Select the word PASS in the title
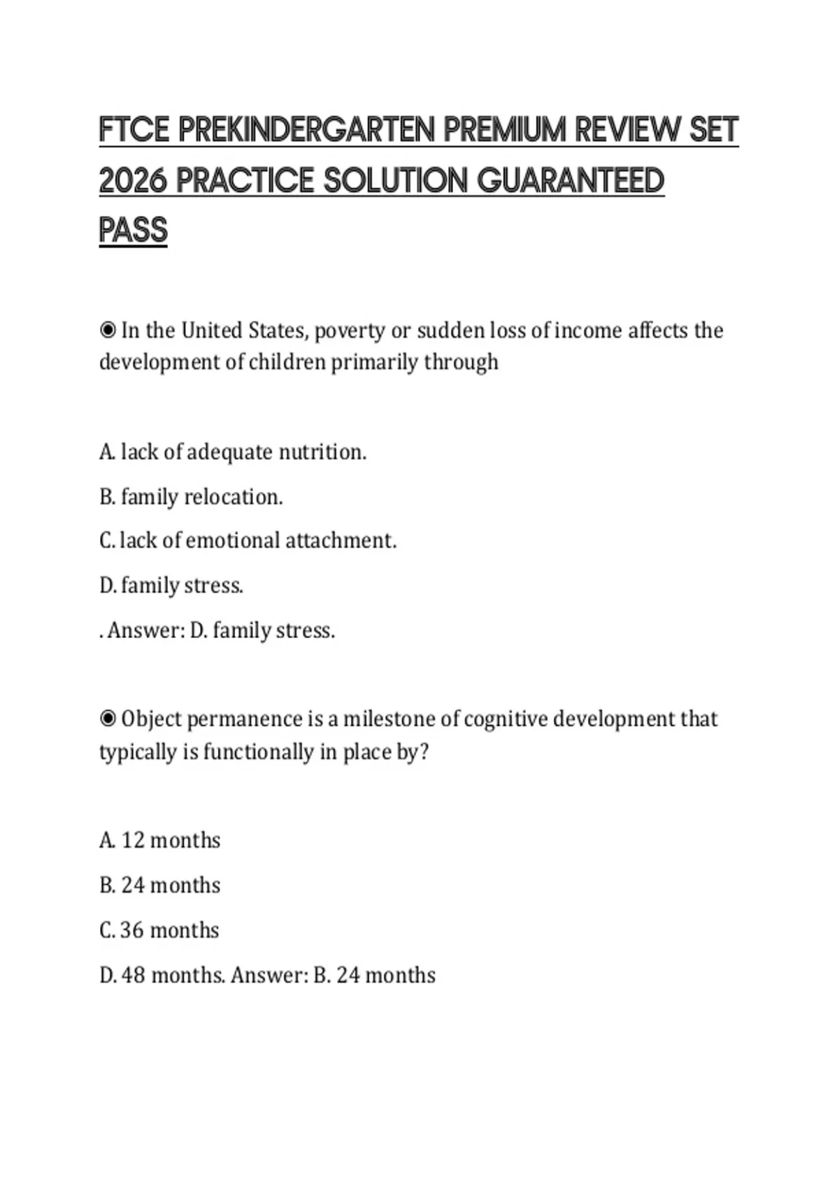pyautogui.click(x=134, y=231)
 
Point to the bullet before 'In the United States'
pyautogui.click(x=108, y=330)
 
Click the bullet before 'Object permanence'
pyautogui.click(x=108, y=718)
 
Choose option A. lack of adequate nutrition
pyautogui.click(x=232, y=452)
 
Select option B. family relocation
pyautogui.click(x=191, y=497)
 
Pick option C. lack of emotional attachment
pyautogui.click(x=248, y=541)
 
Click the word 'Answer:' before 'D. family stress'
pyautogui.click(x=146, y=630)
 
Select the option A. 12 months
pyautogui.click(x=160, y=840)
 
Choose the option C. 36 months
pyautogui.click(x=159, y=930)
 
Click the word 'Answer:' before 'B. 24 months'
pyautogui.click(x=269, y=975)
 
